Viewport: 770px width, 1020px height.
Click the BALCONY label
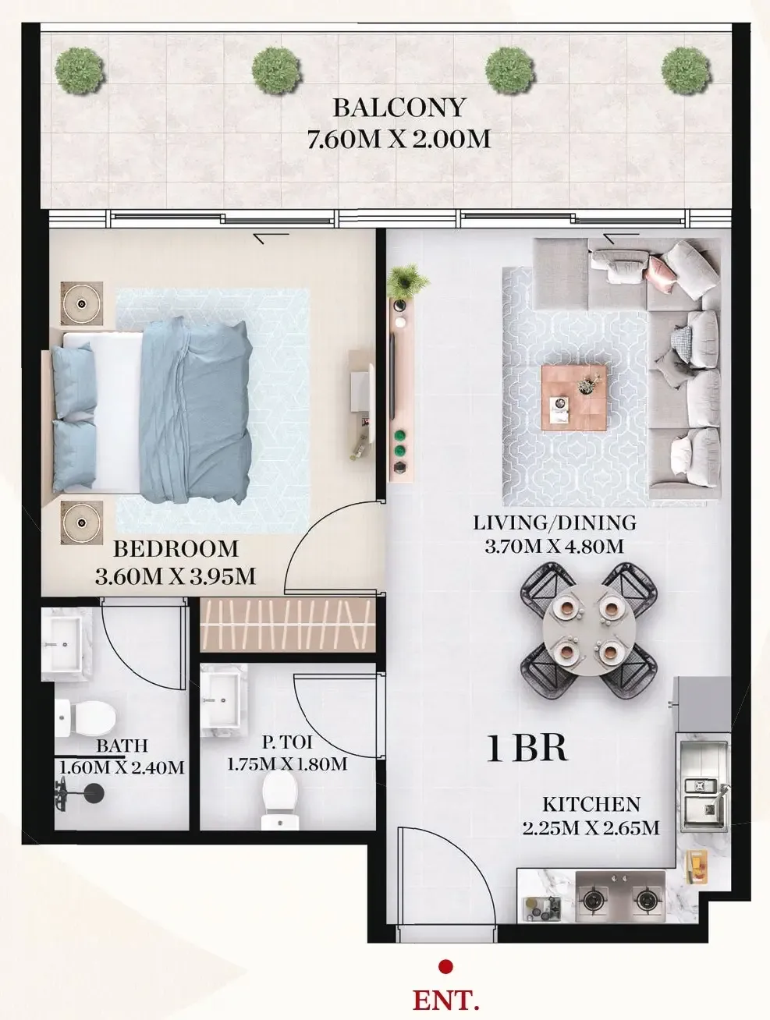(399, 107)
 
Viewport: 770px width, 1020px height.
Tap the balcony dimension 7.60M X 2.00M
(399, 140)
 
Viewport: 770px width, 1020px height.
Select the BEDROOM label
(176, 549)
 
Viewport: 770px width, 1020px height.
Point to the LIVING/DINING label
(555, 522)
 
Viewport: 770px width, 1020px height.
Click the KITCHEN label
(591, 804)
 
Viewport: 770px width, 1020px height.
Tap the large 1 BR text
(527, 749)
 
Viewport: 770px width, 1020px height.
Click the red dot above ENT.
(445, 967)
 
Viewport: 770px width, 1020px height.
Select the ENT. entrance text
(445, 999)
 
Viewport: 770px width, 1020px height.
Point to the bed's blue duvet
(195, 409)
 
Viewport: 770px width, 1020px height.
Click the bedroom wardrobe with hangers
(285, 624)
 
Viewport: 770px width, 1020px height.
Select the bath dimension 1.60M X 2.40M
(122, 768)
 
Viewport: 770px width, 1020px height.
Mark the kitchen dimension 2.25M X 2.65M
(591, 827)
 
